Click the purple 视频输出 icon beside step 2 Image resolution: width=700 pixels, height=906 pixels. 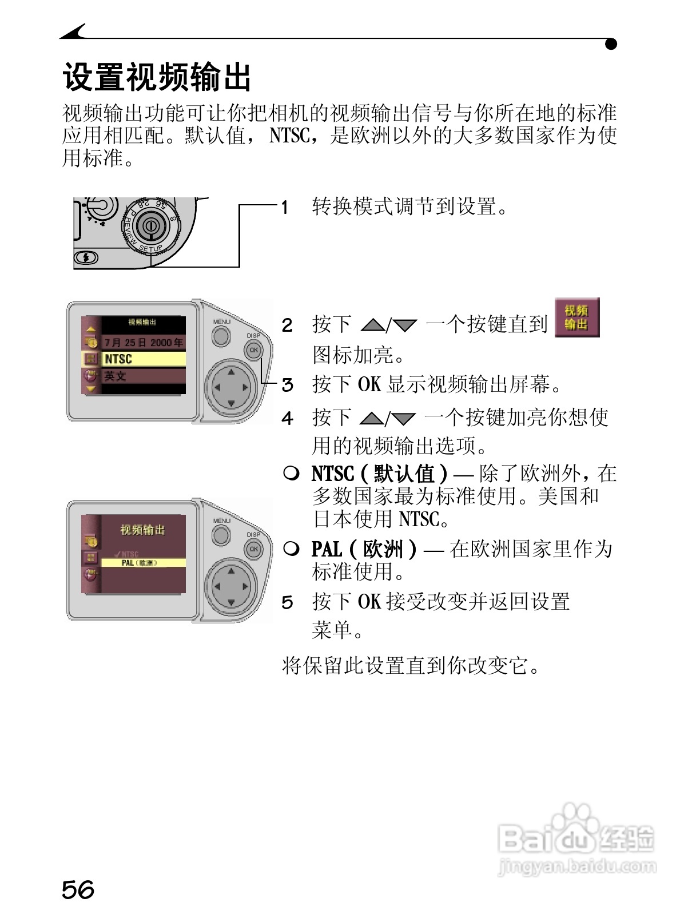[577, 317]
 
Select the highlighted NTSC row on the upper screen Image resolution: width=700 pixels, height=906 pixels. [144, 359]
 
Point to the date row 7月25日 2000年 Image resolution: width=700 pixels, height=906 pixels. [144, 343]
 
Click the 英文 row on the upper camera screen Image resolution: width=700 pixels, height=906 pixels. [144, 376]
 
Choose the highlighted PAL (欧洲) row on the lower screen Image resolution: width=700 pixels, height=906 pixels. [143, 563]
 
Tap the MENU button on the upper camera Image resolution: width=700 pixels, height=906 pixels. [221, 335]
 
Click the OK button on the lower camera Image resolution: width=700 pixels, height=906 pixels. [254, 549]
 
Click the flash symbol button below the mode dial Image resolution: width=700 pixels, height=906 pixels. [86, 257]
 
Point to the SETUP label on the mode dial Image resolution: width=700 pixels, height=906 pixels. [151, 249]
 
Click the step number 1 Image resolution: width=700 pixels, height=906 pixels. [285, 207]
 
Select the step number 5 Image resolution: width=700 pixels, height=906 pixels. [287, 602]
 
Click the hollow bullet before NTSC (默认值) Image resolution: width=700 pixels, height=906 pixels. [291, 473]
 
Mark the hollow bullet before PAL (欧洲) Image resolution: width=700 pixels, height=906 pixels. [291, 549]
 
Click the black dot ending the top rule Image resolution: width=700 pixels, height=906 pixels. [611, 44]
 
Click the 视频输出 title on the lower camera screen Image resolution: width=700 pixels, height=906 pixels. [142, 530]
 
